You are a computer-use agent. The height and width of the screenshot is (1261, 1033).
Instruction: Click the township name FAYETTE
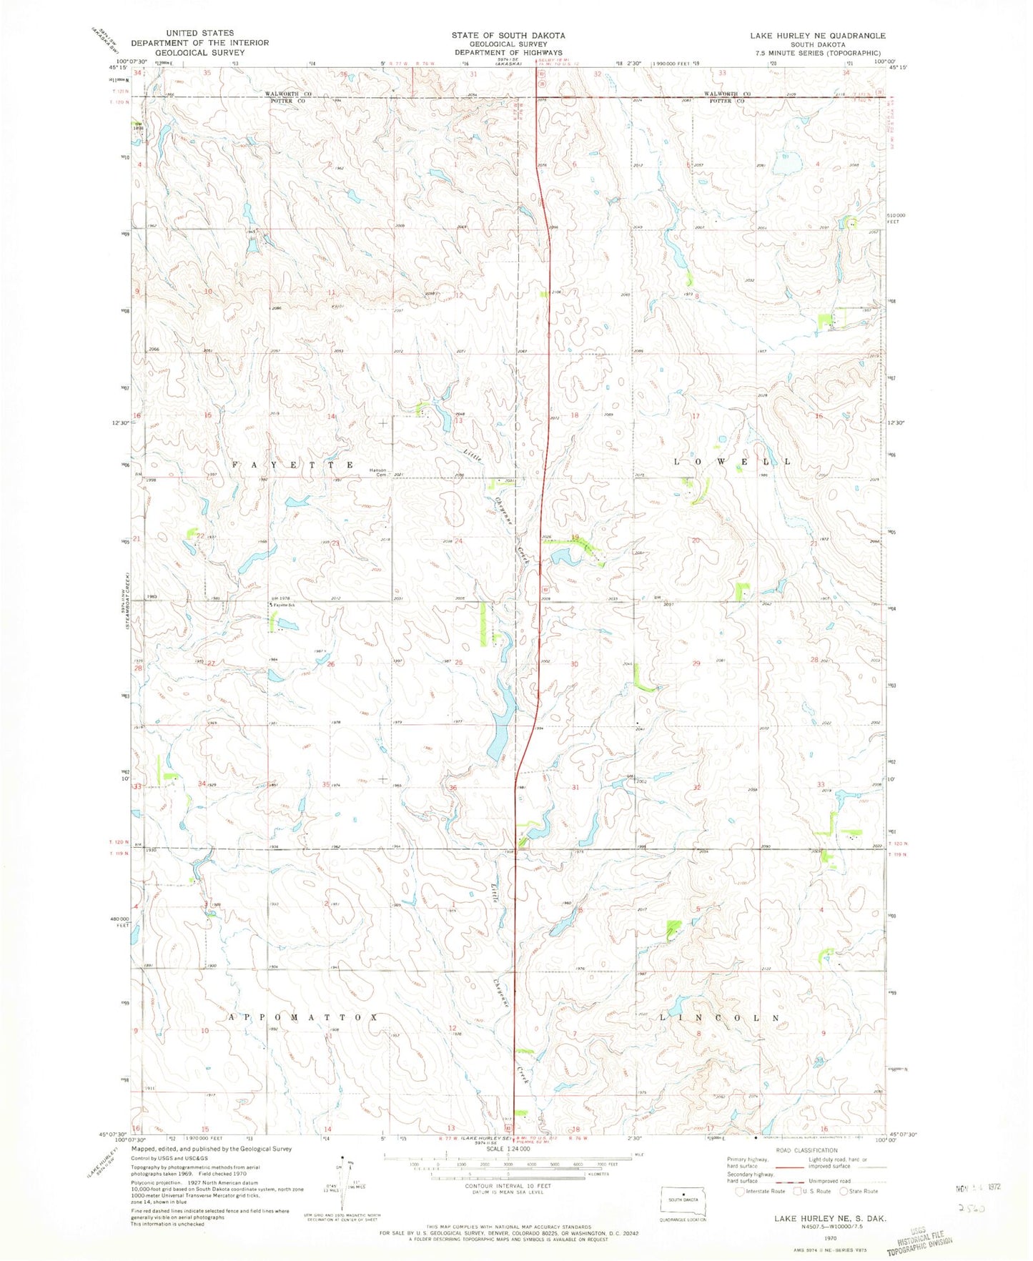pos(292,465)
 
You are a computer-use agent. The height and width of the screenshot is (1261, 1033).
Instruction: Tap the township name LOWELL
pos(733,462)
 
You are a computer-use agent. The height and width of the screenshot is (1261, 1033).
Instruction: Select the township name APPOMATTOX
pos(302,1017)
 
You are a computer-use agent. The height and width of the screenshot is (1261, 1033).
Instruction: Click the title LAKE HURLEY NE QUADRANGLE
pos(817,35)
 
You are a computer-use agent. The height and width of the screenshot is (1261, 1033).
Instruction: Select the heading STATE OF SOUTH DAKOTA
pos(508,35)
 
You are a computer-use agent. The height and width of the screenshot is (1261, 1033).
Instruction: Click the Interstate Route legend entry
pos(762,1191)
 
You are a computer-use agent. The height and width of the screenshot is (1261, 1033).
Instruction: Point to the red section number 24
pos(458,541)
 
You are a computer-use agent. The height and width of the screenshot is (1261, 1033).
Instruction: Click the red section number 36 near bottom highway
pos(452,788)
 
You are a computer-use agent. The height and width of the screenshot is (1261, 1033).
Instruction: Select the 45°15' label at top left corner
pos(116,68)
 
